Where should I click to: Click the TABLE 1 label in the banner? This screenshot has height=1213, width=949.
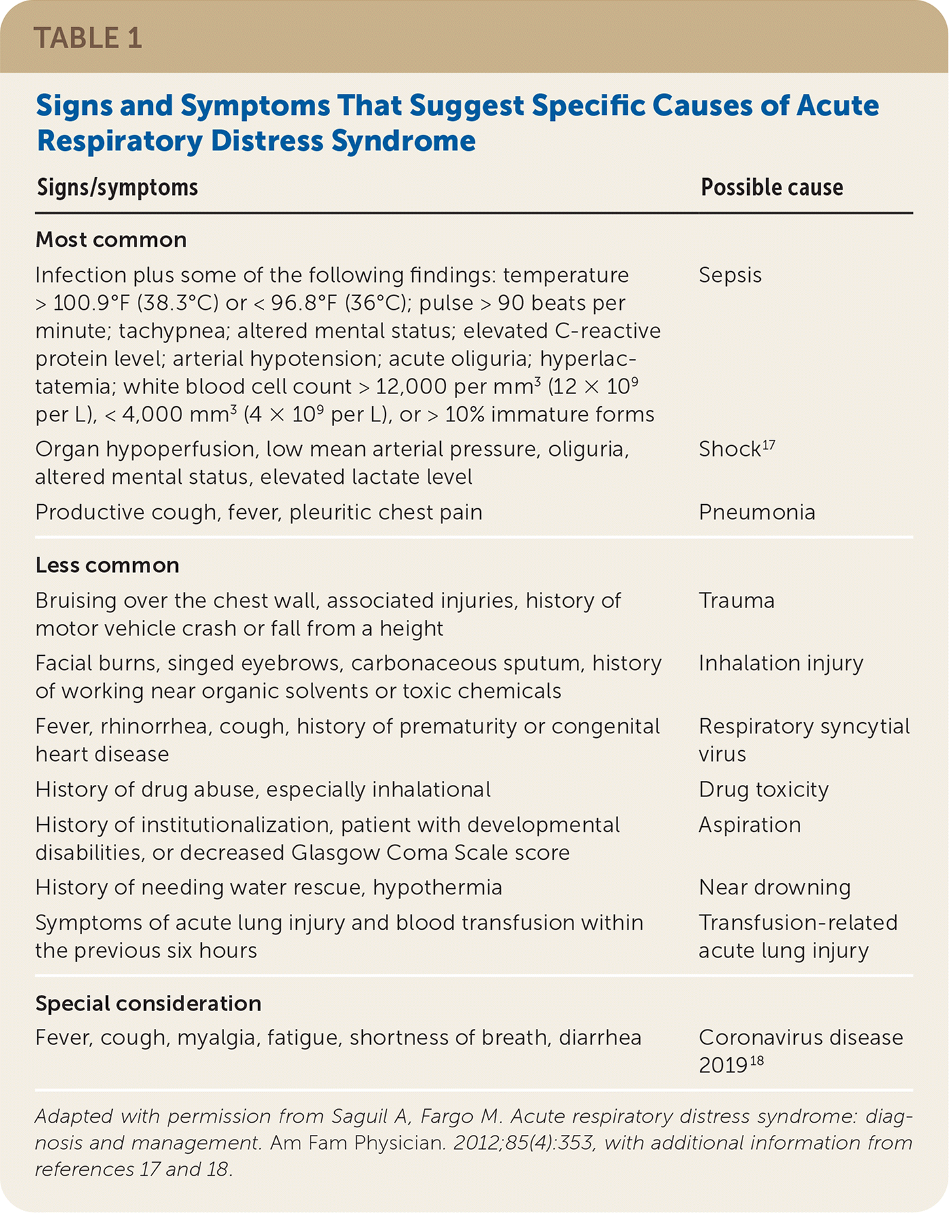[x=88, y=37]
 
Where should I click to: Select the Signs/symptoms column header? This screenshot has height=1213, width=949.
[x=117, y=187]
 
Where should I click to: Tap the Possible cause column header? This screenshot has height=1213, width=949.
[x=772, y=187]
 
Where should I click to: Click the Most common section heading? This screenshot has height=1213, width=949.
[x=111, y=240]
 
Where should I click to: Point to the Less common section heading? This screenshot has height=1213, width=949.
[x=107, y=565]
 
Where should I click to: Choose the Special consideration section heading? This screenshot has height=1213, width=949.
[x=148, y=1004]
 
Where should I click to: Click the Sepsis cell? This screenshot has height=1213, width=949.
[x=730, y=275]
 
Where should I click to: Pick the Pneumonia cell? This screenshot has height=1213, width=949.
[x=757, y=512]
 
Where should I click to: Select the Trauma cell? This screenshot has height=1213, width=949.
[x=736, y=601]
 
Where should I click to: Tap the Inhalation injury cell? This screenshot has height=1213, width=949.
[x=781, y=663]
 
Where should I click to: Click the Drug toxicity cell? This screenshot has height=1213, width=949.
[x=764, y=790]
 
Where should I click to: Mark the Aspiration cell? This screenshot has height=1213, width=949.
[x=749, y=825]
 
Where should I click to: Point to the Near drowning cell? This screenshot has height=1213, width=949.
[x=774, y=887]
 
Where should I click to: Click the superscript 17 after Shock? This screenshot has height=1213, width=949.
[x=768, y=445]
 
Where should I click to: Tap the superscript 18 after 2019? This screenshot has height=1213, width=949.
[x=757, y=1061]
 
